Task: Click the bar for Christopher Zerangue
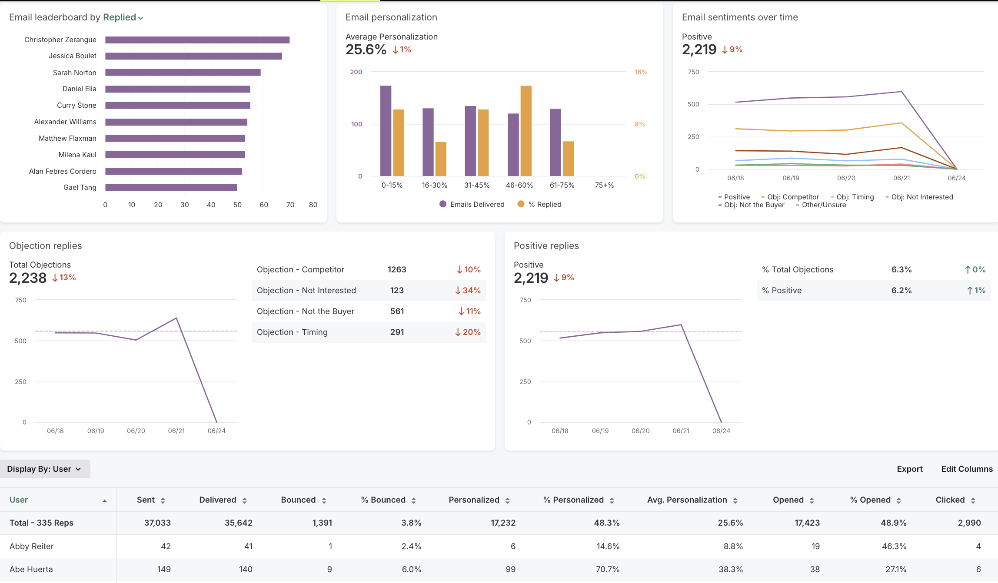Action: point(197,40)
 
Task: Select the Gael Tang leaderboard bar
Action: point(171,188)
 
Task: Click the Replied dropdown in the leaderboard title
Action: point(123,17)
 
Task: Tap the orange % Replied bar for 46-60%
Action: point(526,130)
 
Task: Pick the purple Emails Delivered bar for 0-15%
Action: point(386,130)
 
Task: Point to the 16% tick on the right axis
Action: point(641,72)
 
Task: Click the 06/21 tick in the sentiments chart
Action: point(901,178)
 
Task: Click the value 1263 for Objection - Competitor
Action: point(396,270)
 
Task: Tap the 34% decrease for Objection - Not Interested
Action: point(468,291)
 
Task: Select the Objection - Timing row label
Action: point(292,332)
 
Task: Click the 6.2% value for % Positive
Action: point(901,291)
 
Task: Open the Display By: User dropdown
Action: point(45,469)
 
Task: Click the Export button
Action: point(909,469)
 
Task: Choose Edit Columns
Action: point(967,469)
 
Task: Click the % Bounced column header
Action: point(383,500)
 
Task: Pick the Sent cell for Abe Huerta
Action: point(163,570)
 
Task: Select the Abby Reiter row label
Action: point(32,547)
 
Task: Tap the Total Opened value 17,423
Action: point(807,523)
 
